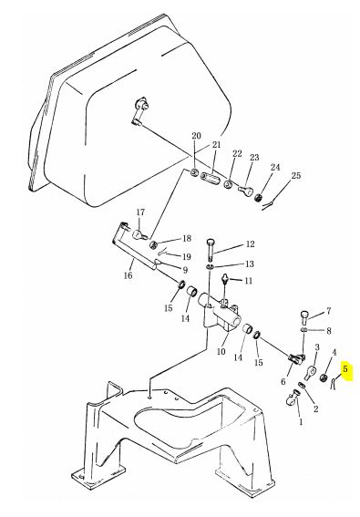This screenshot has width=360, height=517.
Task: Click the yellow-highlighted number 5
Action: [345, 368]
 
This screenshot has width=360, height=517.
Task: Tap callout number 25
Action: [296, 175]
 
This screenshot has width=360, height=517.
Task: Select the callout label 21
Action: [217, 145]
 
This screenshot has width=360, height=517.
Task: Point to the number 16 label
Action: [128, 275]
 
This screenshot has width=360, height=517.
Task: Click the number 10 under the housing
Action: [221, 351]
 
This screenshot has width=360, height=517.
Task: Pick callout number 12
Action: [251, 244]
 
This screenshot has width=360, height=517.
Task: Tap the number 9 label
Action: [185, 270]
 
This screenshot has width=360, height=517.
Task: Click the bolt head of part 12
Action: [211, 242]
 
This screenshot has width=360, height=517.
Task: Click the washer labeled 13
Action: [211, 266]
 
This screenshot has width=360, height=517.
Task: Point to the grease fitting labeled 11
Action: [225, 279]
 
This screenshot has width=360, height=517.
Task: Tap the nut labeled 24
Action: [260, 198]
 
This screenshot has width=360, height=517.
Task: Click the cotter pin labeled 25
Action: [268, 205]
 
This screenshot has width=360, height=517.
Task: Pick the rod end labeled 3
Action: [310, 372]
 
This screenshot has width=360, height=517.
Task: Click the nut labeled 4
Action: [324, 377]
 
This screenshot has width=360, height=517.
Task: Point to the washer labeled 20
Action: [194, 172]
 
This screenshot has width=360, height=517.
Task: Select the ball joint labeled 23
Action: [245, 190]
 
